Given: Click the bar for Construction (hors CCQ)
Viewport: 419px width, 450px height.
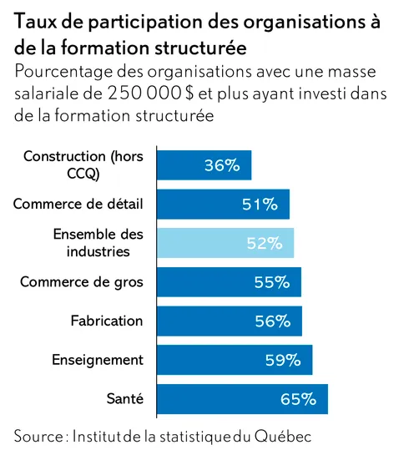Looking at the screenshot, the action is point(204,165).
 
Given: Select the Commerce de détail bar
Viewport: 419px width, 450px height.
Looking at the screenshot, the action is point(223,204).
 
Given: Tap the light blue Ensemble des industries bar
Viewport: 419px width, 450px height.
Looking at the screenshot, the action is point(225,243).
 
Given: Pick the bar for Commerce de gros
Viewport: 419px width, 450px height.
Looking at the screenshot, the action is point(229,282).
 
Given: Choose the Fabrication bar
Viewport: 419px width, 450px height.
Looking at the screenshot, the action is point(230,321).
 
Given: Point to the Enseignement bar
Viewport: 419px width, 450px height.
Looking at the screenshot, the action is point(235,360).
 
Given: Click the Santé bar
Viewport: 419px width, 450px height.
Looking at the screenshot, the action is point(242,399).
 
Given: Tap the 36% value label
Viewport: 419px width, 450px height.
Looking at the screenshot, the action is point(222,165).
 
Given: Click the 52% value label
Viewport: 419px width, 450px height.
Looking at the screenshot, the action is point(265,243).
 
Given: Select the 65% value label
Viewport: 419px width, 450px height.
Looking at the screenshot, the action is point(299,399).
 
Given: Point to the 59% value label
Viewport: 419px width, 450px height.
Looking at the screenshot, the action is point(283,360).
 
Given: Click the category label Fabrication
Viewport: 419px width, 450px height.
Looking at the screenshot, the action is point(107,321).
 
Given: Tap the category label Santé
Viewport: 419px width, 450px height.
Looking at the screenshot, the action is point(125,398).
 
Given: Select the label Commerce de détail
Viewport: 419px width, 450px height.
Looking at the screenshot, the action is point(78,204).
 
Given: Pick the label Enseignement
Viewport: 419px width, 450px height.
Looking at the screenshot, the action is point(98,360).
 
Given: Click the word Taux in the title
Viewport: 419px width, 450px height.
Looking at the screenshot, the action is point(35,22).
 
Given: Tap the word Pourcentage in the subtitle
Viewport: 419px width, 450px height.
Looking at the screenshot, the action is point(63,72).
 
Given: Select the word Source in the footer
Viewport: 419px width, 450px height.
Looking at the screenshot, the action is point(39,436).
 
